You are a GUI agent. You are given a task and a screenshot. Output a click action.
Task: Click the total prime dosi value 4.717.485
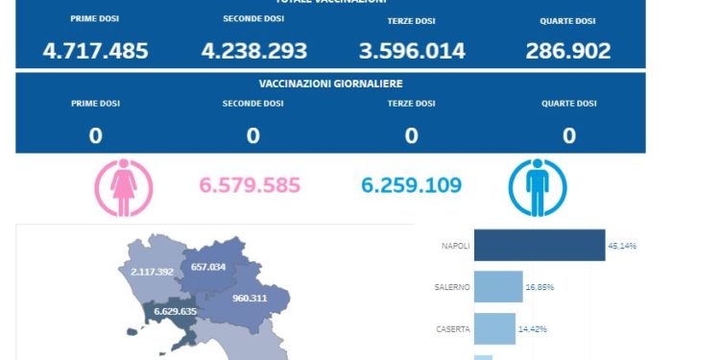[x=95, y=51]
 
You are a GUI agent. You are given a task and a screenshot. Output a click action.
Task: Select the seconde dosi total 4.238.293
[x=253, y=51]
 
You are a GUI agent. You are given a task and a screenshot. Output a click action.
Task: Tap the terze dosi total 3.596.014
[x=411, y=51]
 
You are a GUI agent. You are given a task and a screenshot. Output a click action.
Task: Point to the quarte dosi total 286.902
[x=568, y=51]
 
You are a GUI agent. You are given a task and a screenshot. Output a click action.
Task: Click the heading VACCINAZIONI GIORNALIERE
[x=330, y=84]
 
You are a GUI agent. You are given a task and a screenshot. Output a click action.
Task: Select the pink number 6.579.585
[x=250, y=184]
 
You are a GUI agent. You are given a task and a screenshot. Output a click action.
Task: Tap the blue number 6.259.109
[x=412, y=184]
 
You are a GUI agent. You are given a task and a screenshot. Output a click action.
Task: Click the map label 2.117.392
[x=152, y=272]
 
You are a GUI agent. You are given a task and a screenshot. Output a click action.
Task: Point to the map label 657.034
[x=208, y=267]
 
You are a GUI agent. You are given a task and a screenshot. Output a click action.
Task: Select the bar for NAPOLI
[x=540, y=246]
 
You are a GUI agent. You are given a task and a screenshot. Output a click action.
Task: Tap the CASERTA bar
[x=494, y=328]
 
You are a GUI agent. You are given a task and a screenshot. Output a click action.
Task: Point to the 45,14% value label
[x=622, y=246]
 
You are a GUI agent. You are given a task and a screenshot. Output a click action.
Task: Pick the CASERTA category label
[x=452, y=328]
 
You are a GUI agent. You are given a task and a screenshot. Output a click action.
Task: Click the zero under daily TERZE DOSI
[x=411, y=136]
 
